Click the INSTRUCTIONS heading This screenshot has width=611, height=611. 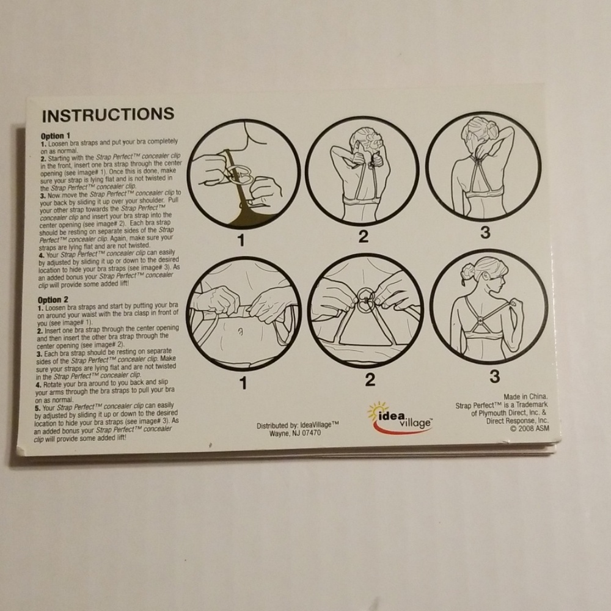point(108,115)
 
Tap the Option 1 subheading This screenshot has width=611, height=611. point(56,136)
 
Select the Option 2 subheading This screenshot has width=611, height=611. point(53,300)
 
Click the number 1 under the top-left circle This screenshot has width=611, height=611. point(241,240)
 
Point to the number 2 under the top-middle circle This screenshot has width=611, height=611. point(363,236)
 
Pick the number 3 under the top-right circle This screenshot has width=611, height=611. point(485,232)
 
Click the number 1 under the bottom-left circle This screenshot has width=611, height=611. point(244,384)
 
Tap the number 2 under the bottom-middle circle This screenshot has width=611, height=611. point(370,380)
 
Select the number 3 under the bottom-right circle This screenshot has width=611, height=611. point(494,376)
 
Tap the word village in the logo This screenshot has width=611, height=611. point(415,423)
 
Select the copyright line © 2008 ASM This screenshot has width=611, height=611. point(530,429)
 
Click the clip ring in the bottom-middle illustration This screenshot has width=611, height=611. point(366,301)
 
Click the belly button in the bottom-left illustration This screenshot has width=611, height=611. point(241,332)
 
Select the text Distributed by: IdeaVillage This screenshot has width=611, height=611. point(298,425)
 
